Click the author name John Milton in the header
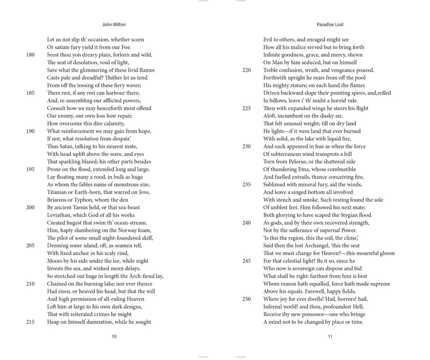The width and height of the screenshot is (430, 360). [x=114, y=24]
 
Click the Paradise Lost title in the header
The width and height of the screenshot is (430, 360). [x=330, y=24]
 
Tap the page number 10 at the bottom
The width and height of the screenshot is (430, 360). [x=114, y=336]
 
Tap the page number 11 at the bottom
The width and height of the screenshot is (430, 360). [x=330, y=336]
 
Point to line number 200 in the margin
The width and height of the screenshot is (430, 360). [x=30, y=207]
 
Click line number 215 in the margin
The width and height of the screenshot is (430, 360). [x=30, y=322]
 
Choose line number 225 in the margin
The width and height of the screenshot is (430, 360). [x=247, y=109]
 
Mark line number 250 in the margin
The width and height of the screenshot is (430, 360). [x=247, y=299]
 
